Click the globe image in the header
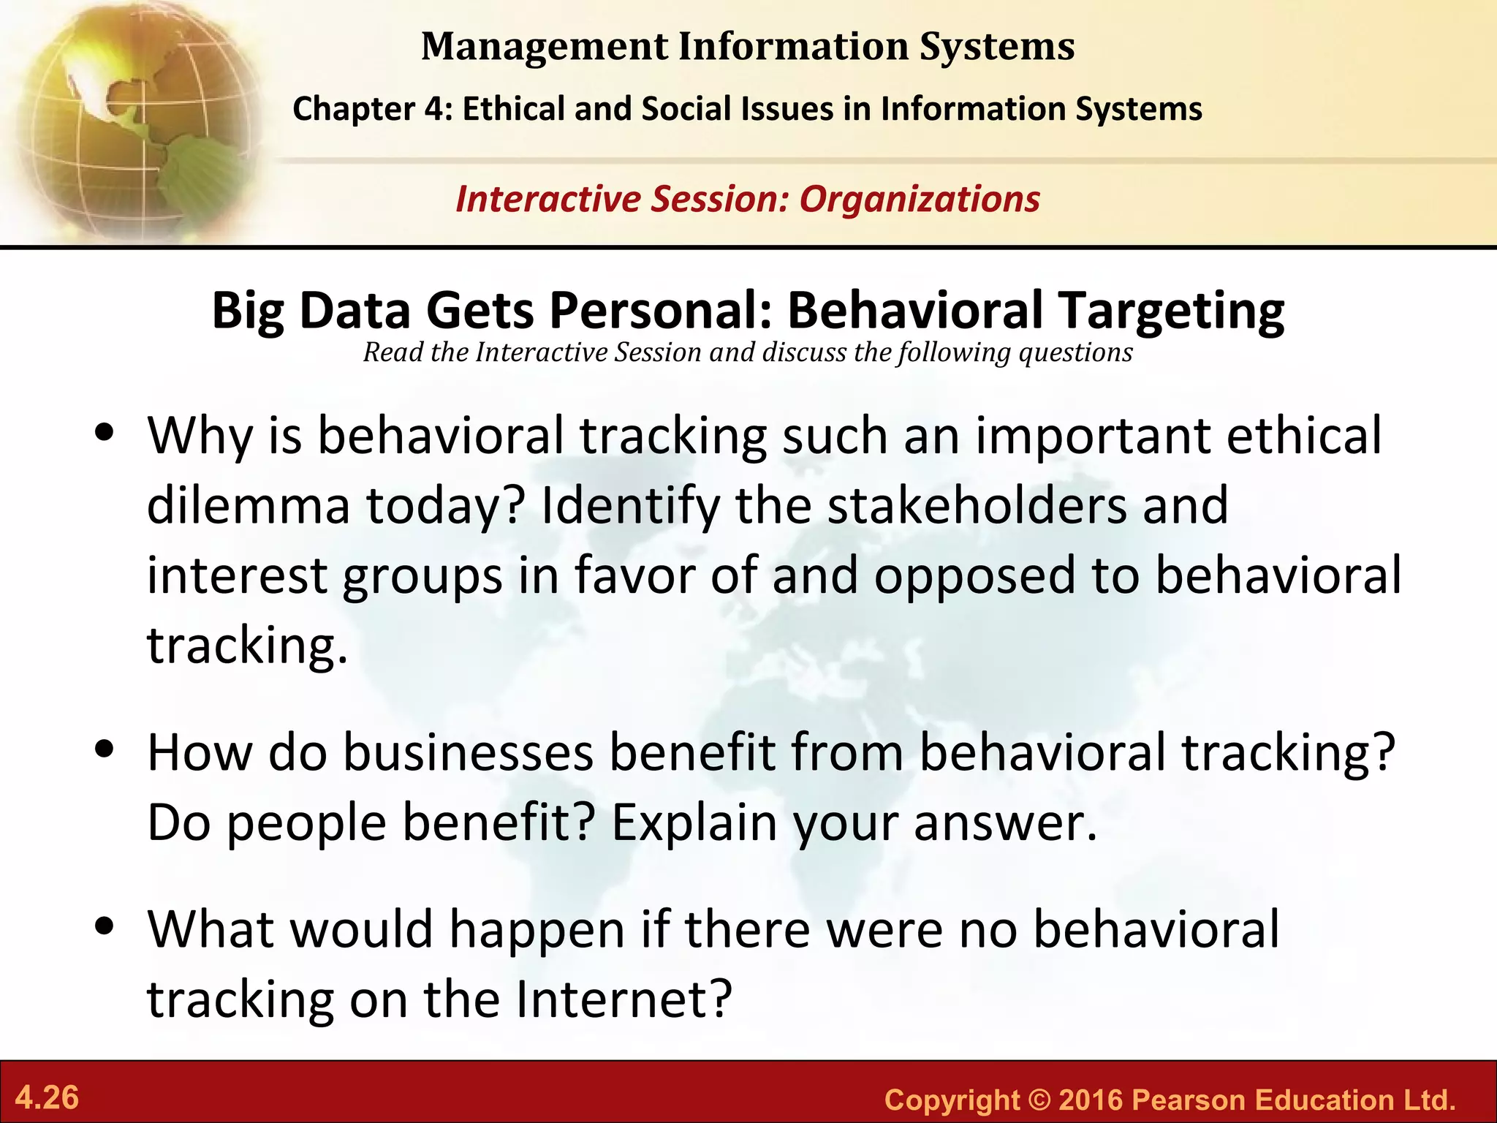coord(132,121)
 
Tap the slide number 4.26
coord(47,1098)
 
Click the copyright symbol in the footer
coord(1038,1100)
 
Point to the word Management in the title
coord(545,47)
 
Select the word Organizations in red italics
coord(920,200)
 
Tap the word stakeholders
coord(976,506)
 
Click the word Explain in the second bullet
coord(694,823)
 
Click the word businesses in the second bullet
coord(468,753)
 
